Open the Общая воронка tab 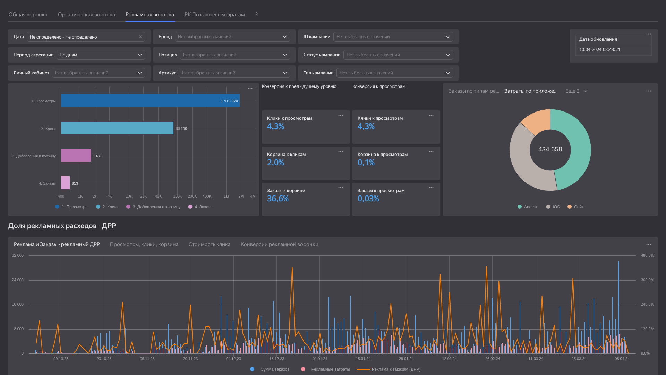click(x=28, y=15)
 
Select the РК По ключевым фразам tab click(x=214, y=15)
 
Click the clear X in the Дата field click(x=140, y=37)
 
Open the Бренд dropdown click(x=232, y=37)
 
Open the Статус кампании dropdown click(x=398, y=55)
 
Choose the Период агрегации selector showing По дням click(x=101, y=55)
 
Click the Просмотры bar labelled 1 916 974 click(x=150, y=101)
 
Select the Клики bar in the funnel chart click(x=117, y=128)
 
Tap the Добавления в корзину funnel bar click(x=76, y=156)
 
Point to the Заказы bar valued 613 click(x=65, y=183)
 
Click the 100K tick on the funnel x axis click(x=178, y=196)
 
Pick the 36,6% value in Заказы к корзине click(x=278, y=199)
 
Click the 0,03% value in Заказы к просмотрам click(x=368, y=199)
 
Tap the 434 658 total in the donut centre click(x=550, y=149)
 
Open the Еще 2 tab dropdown click(x=576, y=91)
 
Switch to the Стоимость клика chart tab click(x=210, y=244)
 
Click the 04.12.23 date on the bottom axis click(x=233, y=359)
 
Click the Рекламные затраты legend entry click(x=326, y=369)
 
